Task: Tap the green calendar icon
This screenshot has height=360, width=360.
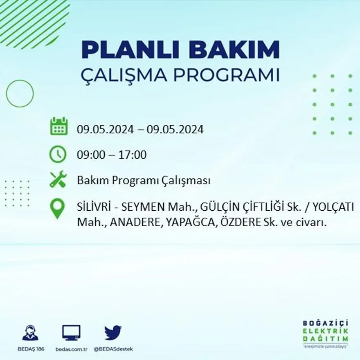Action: coord(59,126)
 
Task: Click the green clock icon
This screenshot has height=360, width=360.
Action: coord(58,154)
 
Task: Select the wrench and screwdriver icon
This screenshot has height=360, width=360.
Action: coord(58,179)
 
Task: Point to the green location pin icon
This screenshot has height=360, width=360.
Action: coord(57,208)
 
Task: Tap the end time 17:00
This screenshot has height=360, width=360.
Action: coord(133,155)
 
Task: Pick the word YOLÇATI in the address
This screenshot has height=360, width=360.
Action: coord(333,208)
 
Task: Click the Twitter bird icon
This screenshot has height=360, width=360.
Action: coord(112,332)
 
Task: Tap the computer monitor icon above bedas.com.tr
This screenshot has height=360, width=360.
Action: coord(71,333)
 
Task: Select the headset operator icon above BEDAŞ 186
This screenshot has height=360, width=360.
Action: coord(30,333)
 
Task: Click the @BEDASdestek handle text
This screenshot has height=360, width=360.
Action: coord(113,349)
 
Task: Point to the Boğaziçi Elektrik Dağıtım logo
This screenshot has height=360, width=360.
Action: coord(326,333)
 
